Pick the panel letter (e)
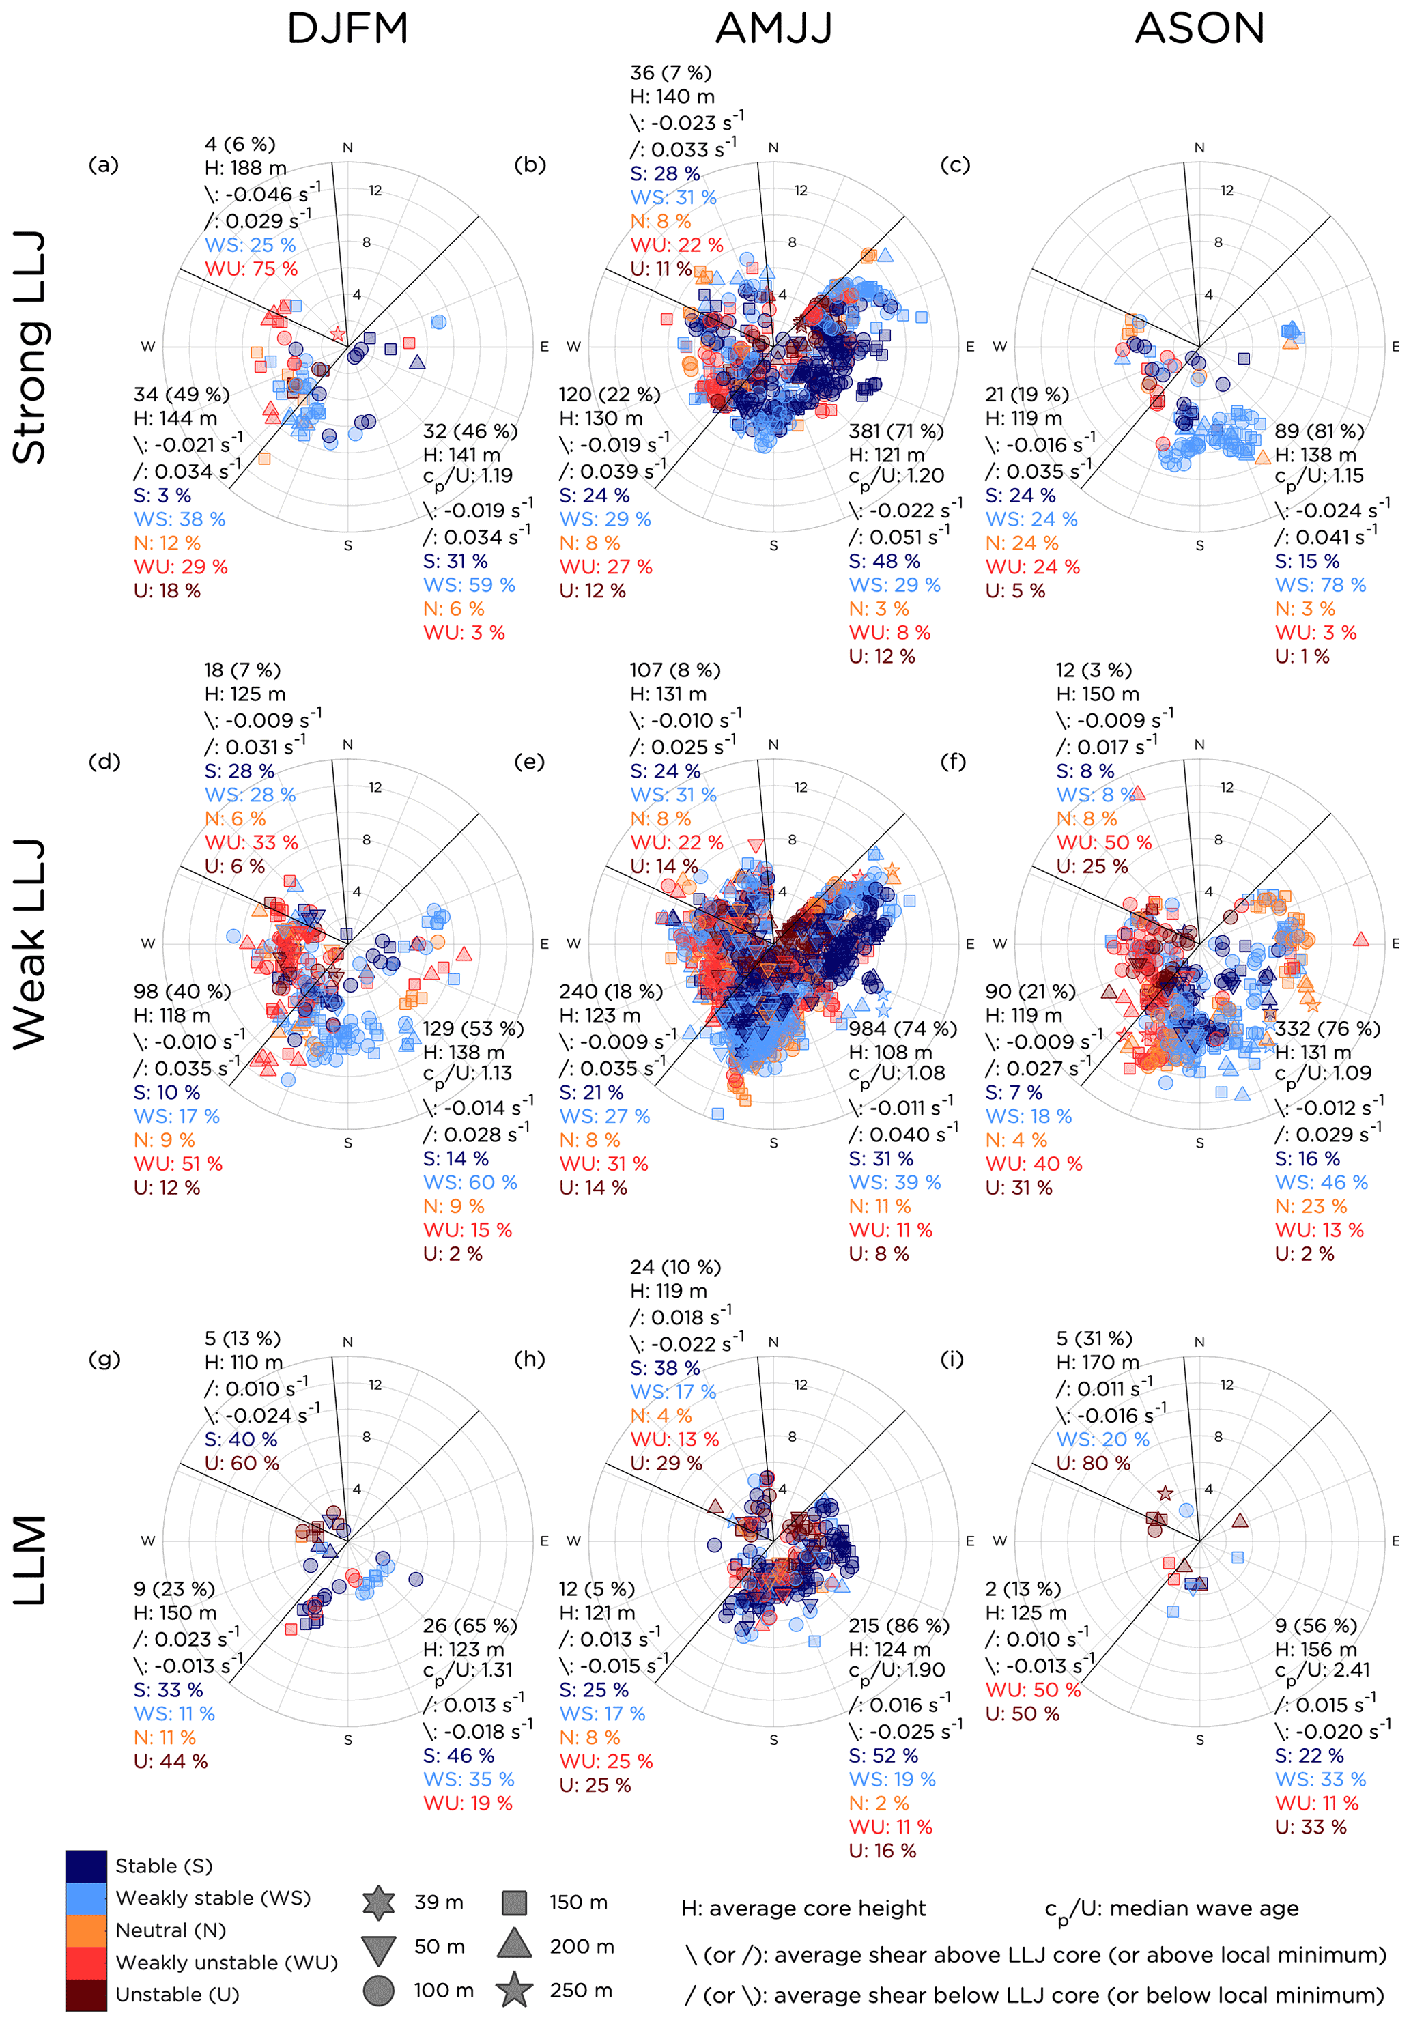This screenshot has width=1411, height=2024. pyautogui.click(x=529, y=762)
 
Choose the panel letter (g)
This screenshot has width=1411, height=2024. pyautogui.click(x=104, y=1358)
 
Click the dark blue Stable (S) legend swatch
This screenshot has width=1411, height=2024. pyautogui.click(x=87, y=1866)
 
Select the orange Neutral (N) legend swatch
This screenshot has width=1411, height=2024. pyautogui.click(x=87, y=1930)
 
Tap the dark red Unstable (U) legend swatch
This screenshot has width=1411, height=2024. pyautogui.click(x=87, y=1994)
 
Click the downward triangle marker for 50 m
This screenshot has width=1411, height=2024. pyautogui.click(x=379, y=1949)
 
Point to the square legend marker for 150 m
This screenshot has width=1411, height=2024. pyautogui.click(x=514, y=1902)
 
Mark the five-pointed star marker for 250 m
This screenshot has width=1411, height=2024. pyautogui.click(x=514, y=1991)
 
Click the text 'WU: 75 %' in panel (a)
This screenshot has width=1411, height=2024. pyautogui.click(x=251, y=269)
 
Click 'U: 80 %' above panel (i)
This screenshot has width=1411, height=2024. pyautogui.click(x=1093, y=1462)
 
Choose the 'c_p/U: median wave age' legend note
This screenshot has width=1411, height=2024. pyautogui.click(x=1171, y=1909)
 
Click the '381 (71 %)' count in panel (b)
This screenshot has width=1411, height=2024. pyautogui.click(x=896, y=431)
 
